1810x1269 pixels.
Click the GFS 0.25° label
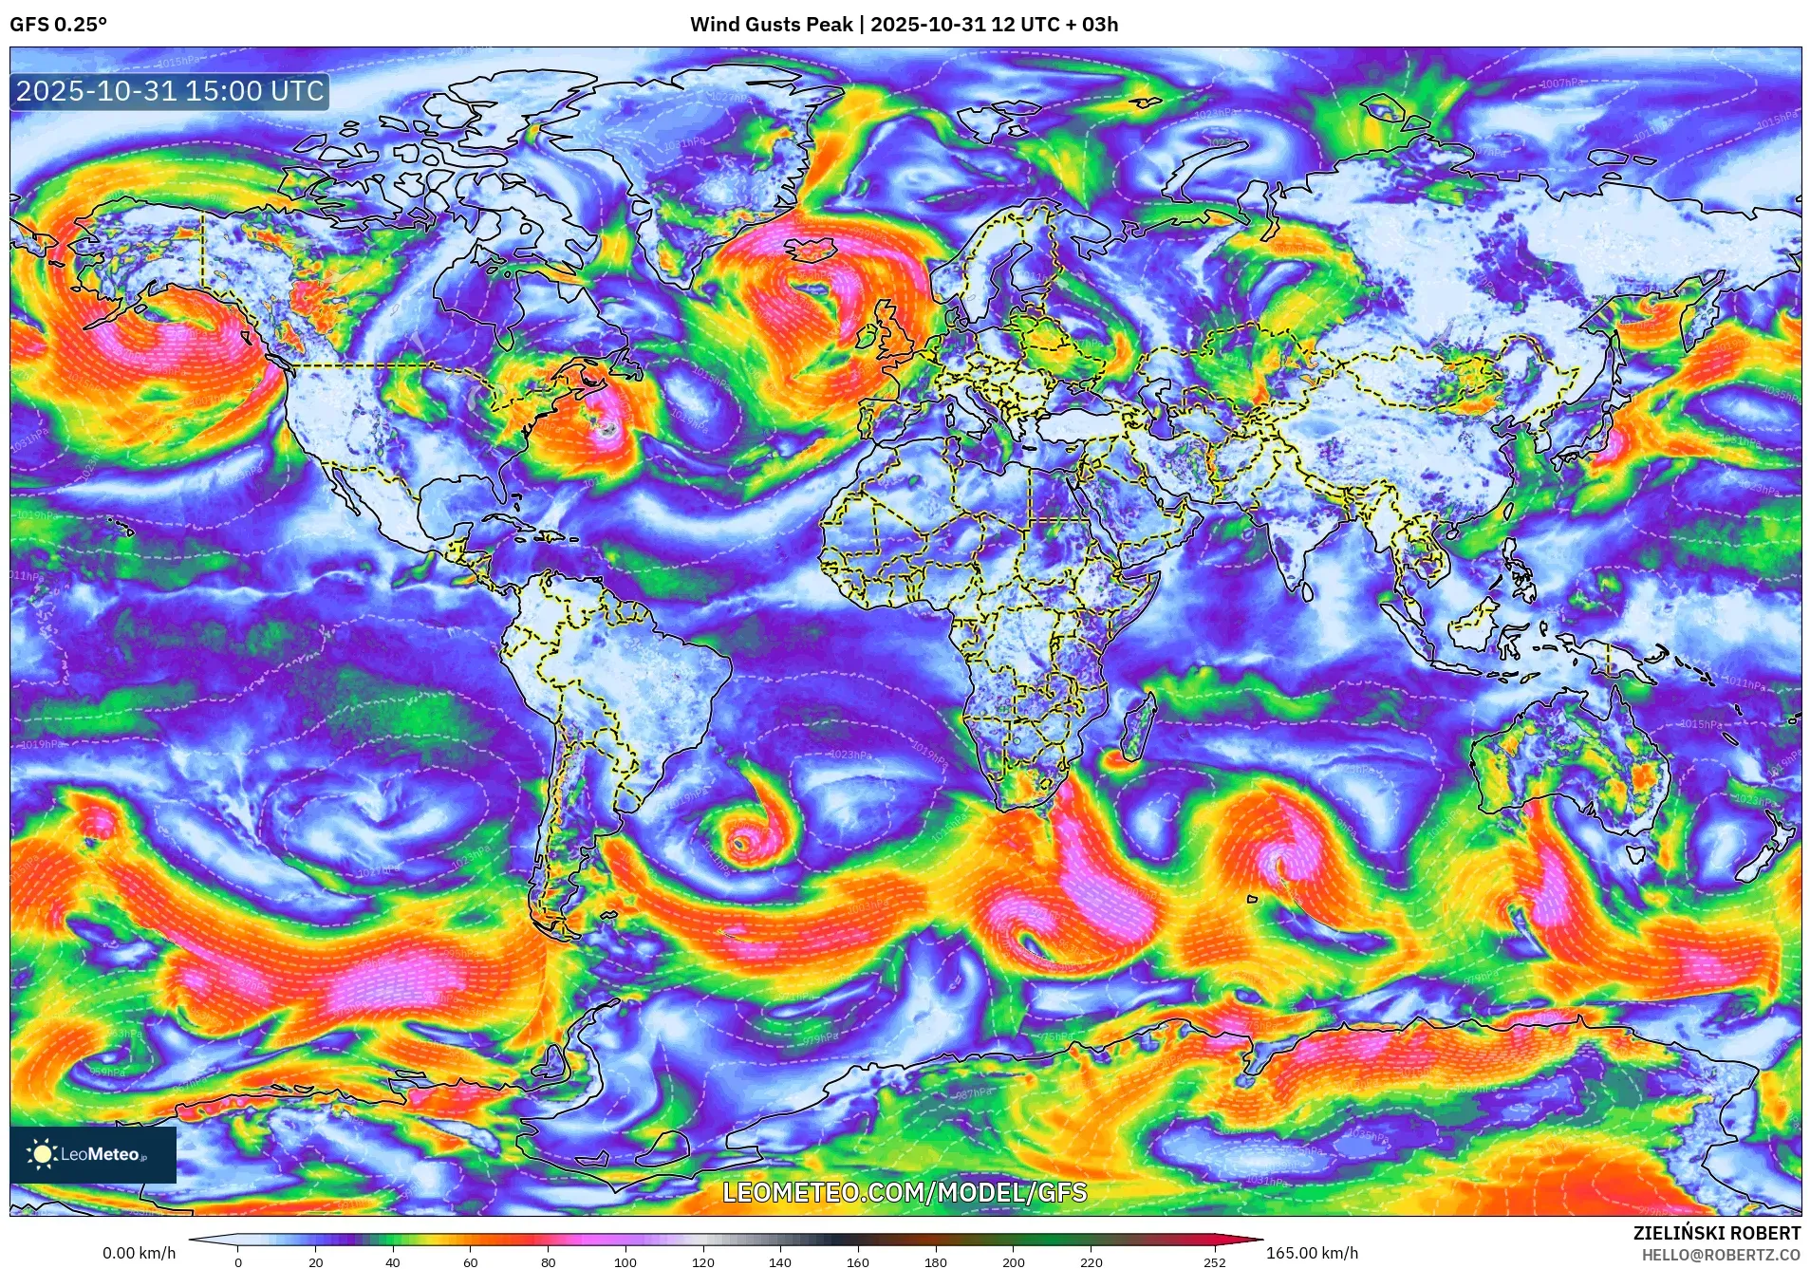click(x=58, y=25)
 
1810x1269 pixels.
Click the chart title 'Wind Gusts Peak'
click(x=771, y=25)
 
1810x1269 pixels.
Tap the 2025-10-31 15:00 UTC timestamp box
click(x=170, y=91)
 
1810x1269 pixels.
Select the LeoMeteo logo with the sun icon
click(x=93, y=1154)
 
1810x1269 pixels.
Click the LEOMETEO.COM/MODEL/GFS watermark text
click(x=905, y=1192)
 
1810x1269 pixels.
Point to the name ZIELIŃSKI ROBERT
click(x=1716, y=1233)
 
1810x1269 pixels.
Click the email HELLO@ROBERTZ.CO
click(x=1721, y=1255)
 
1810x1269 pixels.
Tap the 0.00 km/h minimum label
click(x=140, y=1253)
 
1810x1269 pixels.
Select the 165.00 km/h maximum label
click(x=1312, y=1253)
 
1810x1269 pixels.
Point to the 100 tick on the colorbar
click(x=625, y=1262)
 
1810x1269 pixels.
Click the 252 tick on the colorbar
click(x=1215, y=1262)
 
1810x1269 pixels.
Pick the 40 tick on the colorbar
click(x=393, y=1262)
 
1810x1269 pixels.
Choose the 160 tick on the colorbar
click(x=857, y=1262)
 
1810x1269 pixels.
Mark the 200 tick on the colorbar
click(x=1013, y=1262)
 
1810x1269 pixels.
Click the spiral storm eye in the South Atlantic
click(x=740, y=842)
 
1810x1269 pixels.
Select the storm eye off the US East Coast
click(x=608, y=429)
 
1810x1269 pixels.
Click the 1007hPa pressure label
click(x=1559, y=84)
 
